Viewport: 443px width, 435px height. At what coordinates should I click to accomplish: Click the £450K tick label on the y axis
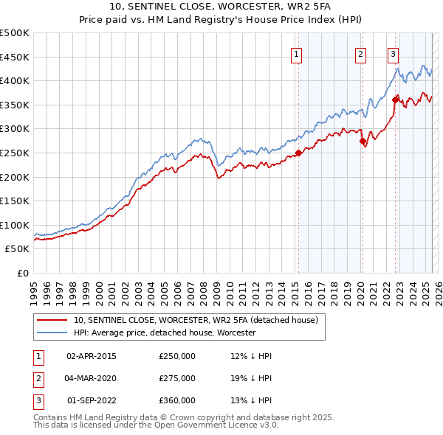[16, 57]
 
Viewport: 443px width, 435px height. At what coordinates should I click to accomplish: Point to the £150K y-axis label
[16, 201]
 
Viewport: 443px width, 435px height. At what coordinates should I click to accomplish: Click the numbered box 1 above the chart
[296, 54]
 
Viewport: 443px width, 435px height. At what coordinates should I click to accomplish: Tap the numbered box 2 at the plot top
[360, 54]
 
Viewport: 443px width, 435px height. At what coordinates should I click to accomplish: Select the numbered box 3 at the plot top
[393, 54]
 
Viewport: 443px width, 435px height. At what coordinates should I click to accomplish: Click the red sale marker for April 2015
[299, 153]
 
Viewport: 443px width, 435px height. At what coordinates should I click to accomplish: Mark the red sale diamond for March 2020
[363, 142]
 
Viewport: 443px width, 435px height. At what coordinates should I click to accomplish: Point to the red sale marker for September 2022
[396, 100]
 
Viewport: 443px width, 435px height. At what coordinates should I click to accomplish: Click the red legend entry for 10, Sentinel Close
[195, 320]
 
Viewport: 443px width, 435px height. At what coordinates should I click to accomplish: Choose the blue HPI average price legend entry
[164, 333]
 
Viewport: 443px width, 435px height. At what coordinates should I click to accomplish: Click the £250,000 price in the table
[177, 356]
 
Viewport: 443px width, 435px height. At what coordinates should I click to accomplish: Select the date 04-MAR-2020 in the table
[92, 378]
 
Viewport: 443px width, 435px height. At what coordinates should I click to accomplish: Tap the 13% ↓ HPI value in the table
[251, 400]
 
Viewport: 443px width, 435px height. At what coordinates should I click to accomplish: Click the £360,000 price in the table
[177, 400]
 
